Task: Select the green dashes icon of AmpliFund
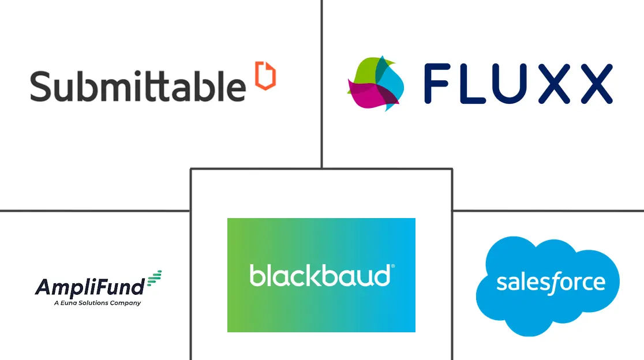153,279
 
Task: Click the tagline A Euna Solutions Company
97,302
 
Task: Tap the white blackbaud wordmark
319,275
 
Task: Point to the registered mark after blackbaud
393,267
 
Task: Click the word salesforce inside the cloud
551,282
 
